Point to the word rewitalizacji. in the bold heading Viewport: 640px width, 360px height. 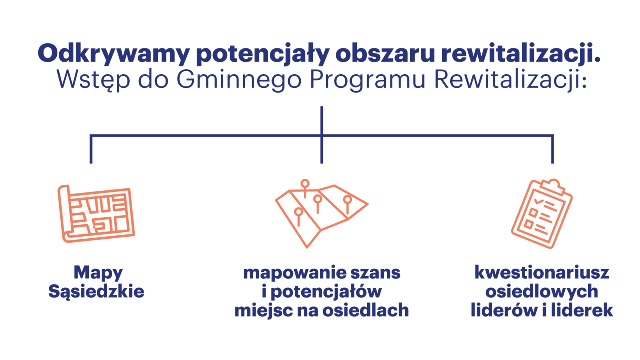tap(521, 54)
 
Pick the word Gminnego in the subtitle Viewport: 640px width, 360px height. tap(239, 80)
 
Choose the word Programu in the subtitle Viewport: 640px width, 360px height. tap(367, 80)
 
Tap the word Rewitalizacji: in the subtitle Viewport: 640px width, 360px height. tap(511, 80)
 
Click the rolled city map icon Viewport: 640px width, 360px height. tap(96, 214)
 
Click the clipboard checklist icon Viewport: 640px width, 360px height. tap(542, 214)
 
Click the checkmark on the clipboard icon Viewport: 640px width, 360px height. tap(539, 201)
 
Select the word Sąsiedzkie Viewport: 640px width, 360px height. tap(96, 291)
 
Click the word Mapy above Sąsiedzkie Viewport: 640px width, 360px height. tap(98, 273)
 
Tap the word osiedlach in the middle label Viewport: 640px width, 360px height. tap(366, 310)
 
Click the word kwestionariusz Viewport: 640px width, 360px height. tap(542, 272)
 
